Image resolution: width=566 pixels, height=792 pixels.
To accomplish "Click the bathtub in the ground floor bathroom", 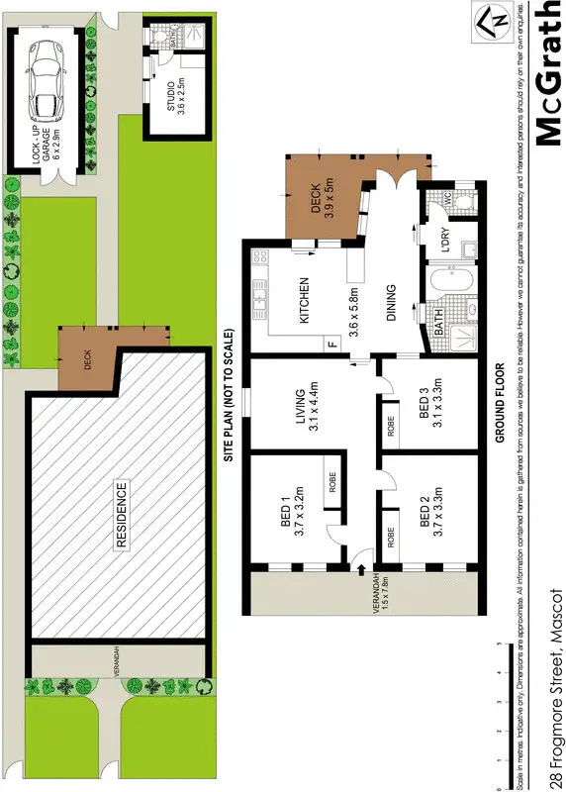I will [x=452, y=288].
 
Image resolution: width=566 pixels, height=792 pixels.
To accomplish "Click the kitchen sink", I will [x=261, y=295].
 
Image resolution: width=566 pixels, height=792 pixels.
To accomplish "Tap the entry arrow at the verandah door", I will [x=360, y=569].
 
